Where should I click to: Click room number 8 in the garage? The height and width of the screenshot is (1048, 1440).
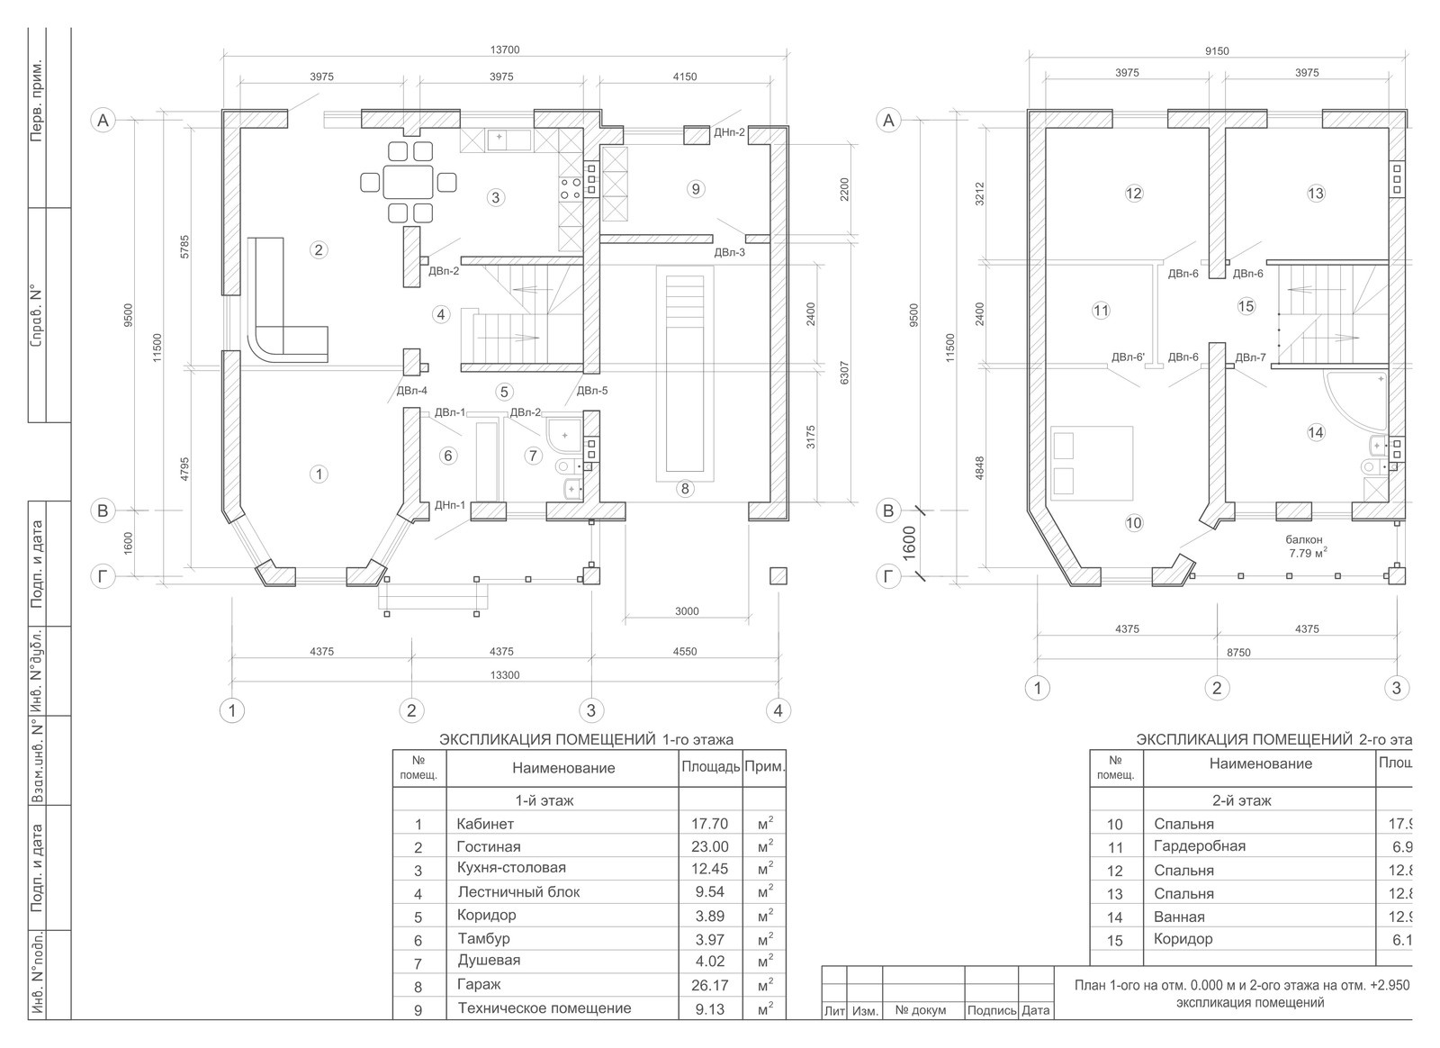[685, 489]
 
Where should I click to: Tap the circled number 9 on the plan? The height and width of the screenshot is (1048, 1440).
[694, 189]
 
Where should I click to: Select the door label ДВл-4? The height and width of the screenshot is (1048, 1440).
[411, 391]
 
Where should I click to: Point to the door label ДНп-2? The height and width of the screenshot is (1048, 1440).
[729, 132]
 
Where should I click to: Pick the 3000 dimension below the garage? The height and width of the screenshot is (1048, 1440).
[686, 611]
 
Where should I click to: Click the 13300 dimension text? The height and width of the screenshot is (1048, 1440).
[503, 675]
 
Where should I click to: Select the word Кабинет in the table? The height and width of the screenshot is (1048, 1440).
[485, 824]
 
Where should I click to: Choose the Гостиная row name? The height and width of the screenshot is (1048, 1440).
[488, 846]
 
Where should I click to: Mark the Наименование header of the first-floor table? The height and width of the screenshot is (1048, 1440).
[563, 768]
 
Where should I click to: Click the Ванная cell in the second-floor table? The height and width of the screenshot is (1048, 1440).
[1178, 917]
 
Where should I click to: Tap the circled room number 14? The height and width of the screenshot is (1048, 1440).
[1316, 433]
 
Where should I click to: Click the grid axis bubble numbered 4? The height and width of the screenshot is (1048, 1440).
[778, 710]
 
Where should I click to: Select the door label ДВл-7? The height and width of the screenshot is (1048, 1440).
[1250, 357]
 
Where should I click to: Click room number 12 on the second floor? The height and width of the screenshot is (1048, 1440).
[1133, 193]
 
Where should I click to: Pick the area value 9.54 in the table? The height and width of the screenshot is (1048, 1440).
[709, 892]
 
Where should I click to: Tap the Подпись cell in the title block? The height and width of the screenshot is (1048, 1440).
[991, 1010]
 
